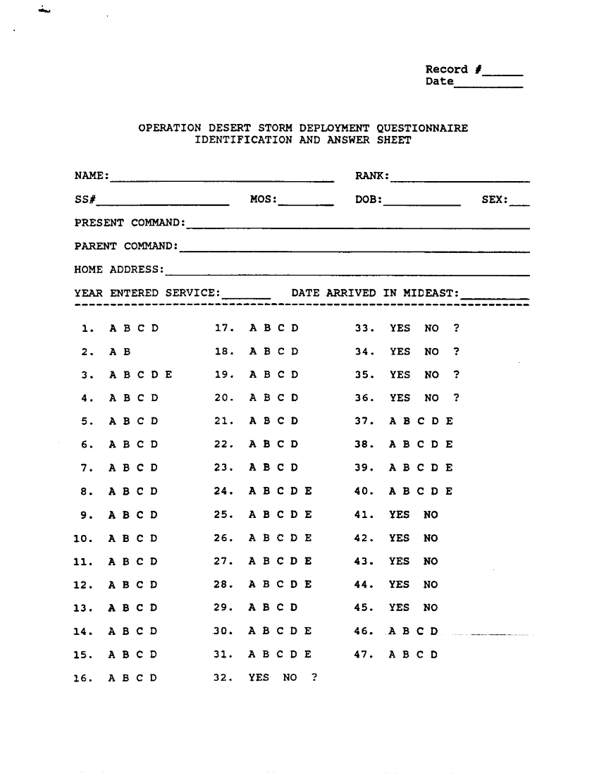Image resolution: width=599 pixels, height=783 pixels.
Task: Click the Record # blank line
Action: click(x=504, y=73)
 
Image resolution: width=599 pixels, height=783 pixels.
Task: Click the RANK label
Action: click(x=372, y=175)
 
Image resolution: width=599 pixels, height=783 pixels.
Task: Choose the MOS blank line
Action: click(x=306, y=203)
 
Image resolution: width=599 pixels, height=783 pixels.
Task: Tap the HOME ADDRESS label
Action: click(x=118, y=269)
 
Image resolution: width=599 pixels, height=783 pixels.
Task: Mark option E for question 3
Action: click(x=168, y=375)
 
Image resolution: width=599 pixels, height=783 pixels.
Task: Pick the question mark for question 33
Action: click(x=457, y=328)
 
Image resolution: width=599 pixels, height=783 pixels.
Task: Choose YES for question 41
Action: click(x=399, y=514)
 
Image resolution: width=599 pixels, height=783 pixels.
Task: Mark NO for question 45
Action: click(x=431, y=608)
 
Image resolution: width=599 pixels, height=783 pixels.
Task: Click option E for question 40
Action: click(x=449, y=491)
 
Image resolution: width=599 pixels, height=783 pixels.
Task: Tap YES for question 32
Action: click(x=259, y=678)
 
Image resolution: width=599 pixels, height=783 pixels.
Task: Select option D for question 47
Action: click(x=435, y=654)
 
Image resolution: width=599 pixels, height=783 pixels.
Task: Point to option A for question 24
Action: click(x=253, y=491)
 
